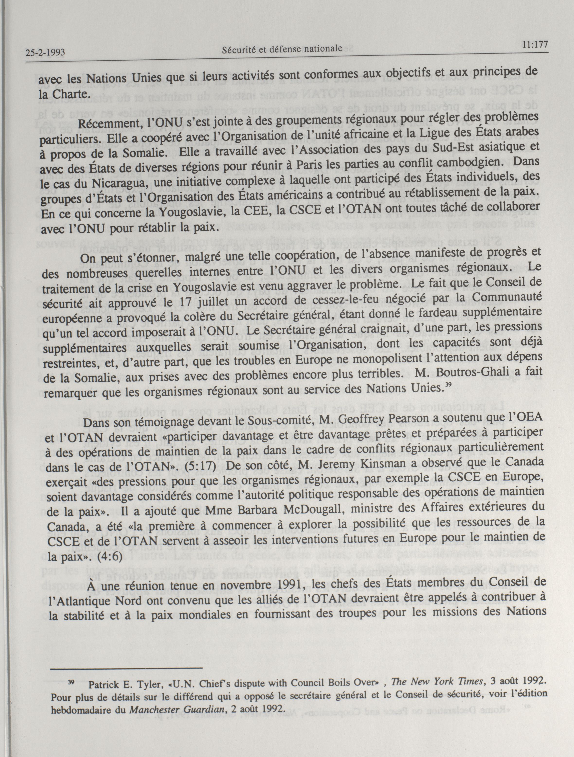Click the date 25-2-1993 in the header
click(45, 53)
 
